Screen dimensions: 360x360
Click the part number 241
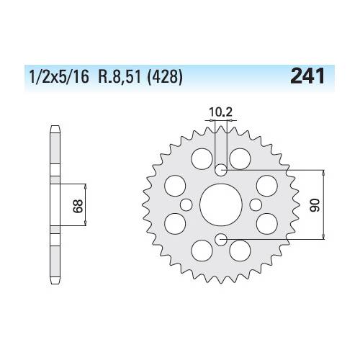(307, 76)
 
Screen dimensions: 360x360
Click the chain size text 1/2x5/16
(59, 77)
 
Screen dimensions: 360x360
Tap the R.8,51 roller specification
(120, 77)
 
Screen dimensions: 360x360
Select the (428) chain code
(165, 77)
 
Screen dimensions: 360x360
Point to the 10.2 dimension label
(220, 112)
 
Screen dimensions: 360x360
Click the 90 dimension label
(315, 204)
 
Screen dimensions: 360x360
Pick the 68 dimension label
(78, 206)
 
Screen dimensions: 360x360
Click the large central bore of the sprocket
(221, 204)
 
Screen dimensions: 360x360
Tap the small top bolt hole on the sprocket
(221, 170)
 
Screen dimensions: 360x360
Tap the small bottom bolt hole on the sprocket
(221, 239)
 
